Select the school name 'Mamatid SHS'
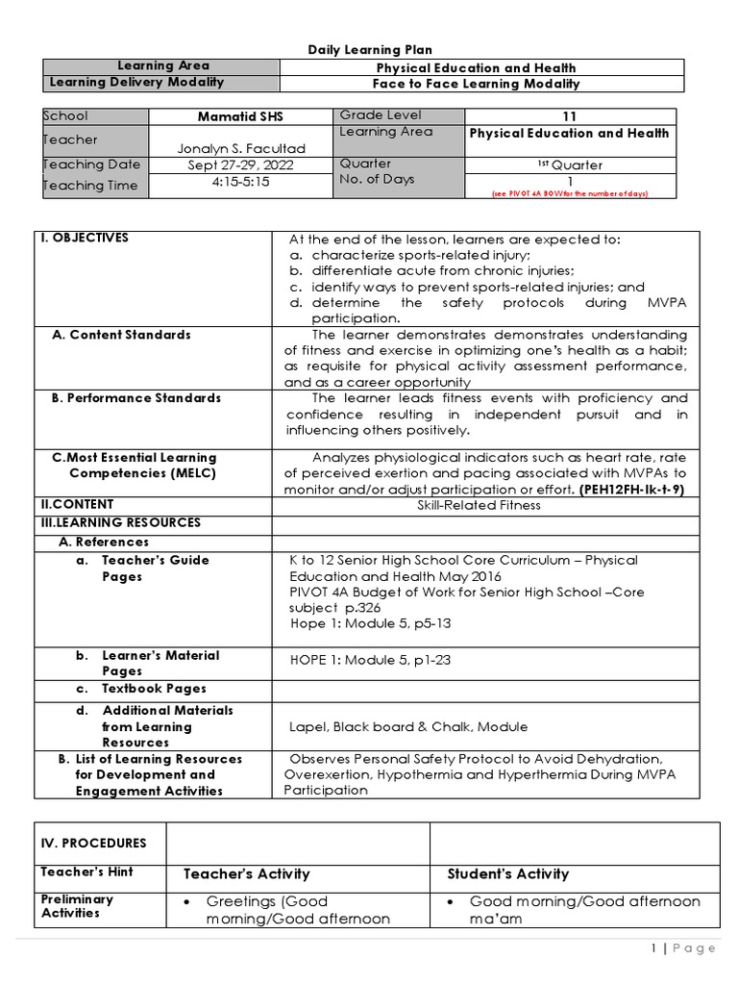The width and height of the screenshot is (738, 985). [x=239, y=116]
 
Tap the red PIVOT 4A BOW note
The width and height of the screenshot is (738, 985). [x=570, y=193]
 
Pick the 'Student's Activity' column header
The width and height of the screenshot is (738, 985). [x=507, y=874]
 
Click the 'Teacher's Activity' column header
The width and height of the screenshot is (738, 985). [x=246, y=874]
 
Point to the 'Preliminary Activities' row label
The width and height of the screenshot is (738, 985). [x=77, y=906]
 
